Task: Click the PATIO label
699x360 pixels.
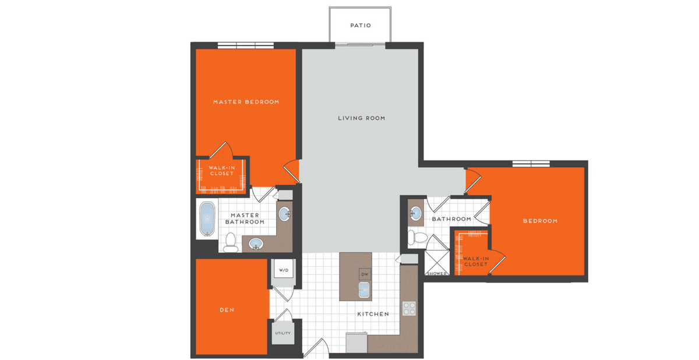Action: point(361,26)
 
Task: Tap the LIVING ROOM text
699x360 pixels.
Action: point(362,118)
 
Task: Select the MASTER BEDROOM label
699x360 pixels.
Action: point(246,102)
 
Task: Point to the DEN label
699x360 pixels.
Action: point(227,310)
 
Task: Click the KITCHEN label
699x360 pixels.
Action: point(373,314)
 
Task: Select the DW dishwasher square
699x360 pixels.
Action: point(365,274)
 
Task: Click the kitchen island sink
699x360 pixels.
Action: point(364,290)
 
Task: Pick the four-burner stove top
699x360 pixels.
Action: point(409,308)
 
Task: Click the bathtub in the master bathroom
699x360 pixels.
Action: point(207,219)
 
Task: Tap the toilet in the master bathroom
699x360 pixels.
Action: point(231,243)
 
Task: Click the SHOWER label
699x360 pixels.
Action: point(437,274)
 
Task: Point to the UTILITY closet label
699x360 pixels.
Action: point(283,333)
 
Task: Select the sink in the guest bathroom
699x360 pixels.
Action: point(415,213)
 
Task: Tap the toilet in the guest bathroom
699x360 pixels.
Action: point(418,238)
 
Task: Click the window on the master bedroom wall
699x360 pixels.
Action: point(246,45)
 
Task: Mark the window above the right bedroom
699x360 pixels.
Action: point(531,164)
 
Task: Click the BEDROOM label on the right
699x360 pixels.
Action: point(541,221)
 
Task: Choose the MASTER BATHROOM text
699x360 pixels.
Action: point(245,218)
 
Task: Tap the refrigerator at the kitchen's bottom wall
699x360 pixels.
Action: point(356,343)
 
